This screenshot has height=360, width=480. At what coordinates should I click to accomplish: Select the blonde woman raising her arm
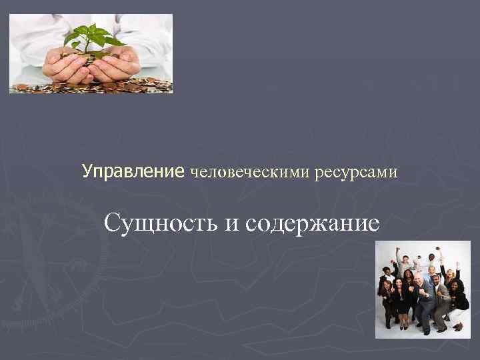(x=449, y=273)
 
